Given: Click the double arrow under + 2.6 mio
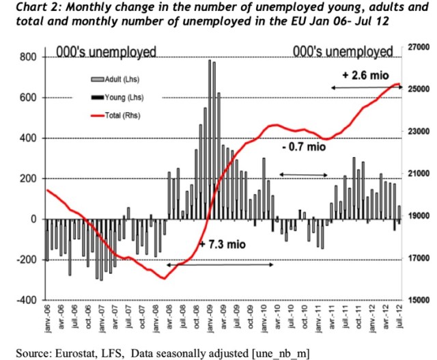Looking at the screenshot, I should coord(366,87).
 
